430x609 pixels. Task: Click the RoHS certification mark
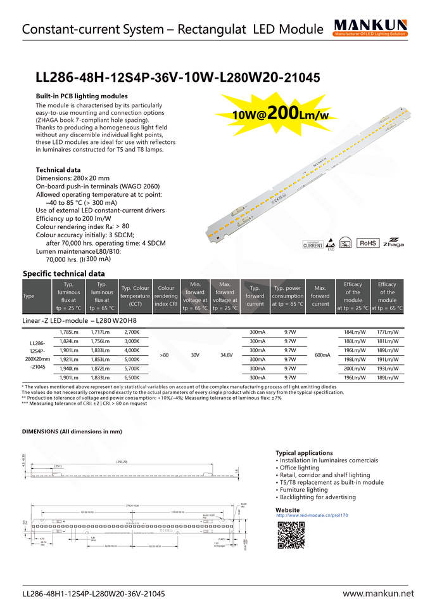pyautogui.click(x=368, y=243)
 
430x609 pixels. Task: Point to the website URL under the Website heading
pyautogui.click(x=313, y=516)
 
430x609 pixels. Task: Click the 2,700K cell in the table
pyautogui.click(x=132, y=332)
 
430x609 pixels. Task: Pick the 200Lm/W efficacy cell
pyautogui.click(x=353, y=368)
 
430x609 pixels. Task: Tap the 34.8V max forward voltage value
pyautogui.click(x=225, y=355)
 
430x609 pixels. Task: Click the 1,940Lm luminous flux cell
pyautogui.click(x=69, y=368)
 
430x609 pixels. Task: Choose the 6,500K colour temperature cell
pyautogui.click(x=132, y=377)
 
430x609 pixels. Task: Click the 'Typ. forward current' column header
pyautogui.click(x=255, y=296)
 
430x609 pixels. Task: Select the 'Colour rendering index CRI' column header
pyautogui.click(x=167, y=296)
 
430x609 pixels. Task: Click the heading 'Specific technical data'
pyautogui.click(x=64, y=273)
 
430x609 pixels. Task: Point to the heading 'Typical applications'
pyautogui.click(x=304, y=453)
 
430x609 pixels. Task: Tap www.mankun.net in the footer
pyautogui.click(x=378, y=594)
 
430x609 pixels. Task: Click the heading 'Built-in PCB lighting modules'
pyautogui.click(x=82, y=96)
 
